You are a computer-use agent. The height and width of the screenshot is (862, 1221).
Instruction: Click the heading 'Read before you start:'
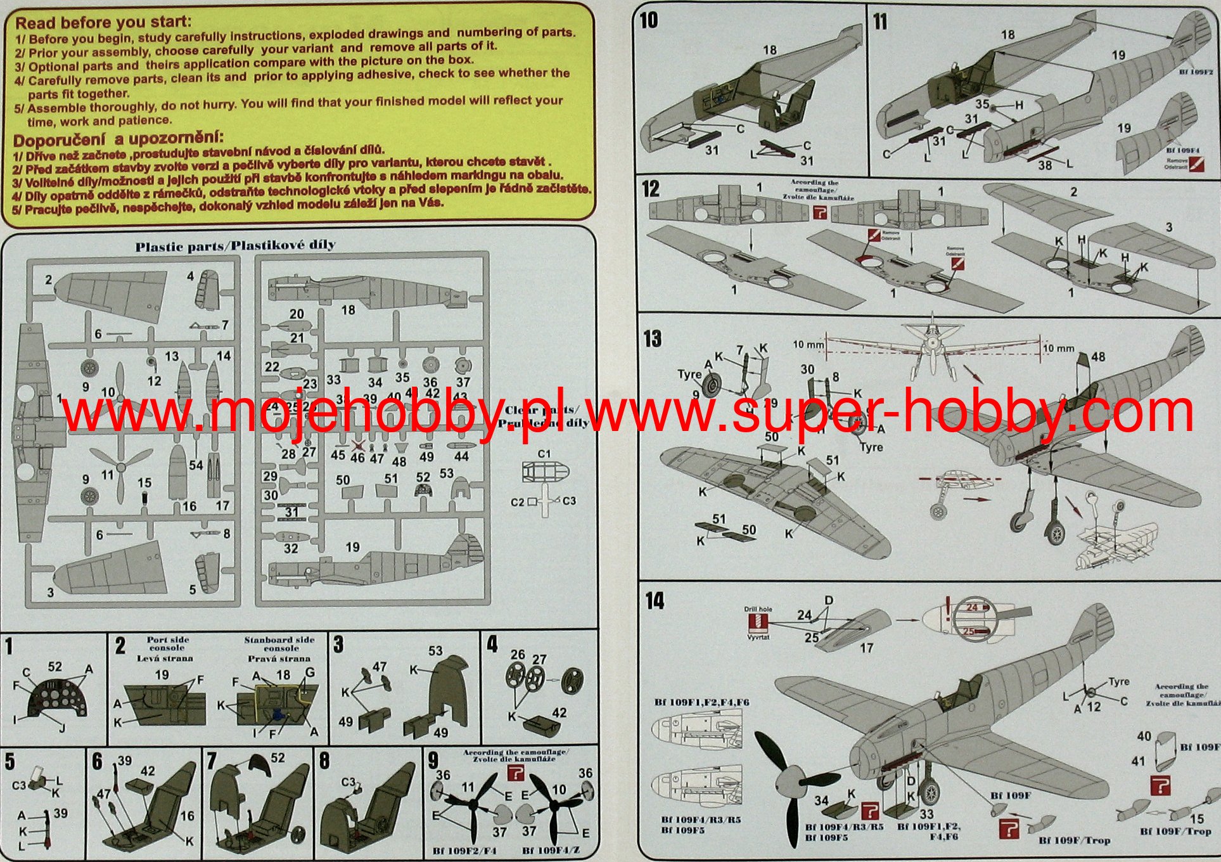pos(103,23)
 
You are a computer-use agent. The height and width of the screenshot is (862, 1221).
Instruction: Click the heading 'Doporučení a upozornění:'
pos(118,139)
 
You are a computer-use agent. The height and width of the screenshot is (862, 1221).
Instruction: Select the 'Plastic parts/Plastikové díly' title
pos(235,245)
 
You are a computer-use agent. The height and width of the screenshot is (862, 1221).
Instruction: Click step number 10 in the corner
pos(648,20)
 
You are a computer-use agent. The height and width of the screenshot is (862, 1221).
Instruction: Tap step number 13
pos(652,338)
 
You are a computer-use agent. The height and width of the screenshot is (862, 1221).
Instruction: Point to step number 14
pos(655,600)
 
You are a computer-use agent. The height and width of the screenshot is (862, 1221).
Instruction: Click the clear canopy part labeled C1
pos(544,472)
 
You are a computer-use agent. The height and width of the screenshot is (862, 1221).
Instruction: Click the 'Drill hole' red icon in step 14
pos(758,622)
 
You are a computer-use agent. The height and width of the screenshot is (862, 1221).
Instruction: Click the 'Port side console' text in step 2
pos(167,644)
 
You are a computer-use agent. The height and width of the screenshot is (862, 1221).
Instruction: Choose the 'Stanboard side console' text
pos(279,644)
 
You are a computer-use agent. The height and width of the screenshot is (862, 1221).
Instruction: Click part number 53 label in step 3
pos(435,650)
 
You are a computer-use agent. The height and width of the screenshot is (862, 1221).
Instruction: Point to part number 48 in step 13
pos(1098,357)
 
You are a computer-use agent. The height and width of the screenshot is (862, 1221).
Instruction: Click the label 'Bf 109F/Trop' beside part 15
pos(1175,831)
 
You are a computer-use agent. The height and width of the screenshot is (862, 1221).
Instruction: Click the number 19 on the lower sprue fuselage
pos(352,547)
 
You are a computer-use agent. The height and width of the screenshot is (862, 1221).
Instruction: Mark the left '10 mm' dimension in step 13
pos(808,345)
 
